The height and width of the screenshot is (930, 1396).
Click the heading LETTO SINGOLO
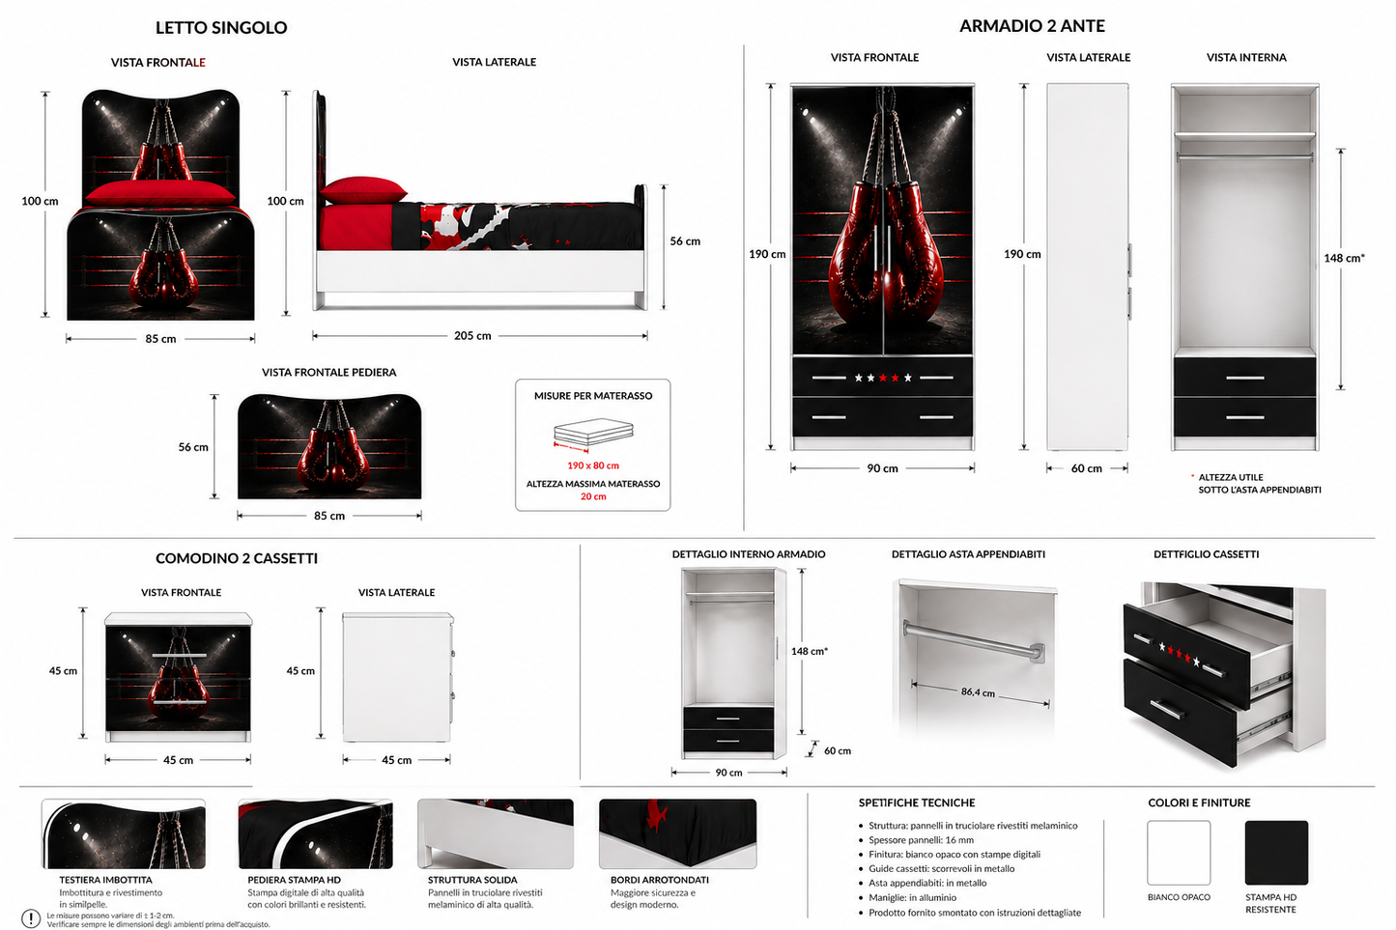221,27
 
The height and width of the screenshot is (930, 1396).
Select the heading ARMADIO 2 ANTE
1032,25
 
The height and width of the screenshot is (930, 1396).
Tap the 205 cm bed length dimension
472,336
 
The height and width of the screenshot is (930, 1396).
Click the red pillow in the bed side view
362,190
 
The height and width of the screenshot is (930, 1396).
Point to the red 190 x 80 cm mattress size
592,465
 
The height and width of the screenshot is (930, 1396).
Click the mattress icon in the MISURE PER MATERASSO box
593,433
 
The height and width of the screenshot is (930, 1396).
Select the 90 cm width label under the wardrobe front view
882,468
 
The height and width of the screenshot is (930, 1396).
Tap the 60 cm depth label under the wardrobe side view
1086,468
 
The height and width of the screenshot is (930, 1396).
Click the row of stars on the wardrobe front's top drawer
882,378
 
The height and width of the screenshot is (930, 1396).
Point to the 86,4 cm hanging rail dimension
978,692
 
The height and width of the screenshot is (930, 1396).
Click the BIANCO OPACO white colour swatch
1179,852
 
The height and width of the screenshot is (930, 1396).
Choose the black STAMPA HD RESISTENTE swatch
1276,852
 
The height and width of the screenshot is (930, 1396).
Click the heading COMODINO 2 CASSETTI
237,558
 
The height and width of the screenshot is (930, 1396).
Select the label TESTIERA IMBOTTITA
105,880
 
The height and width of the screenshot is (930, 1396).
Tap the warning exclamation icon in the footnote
31,918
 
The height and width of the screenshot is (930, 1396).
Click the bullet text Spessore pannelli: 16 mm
921,839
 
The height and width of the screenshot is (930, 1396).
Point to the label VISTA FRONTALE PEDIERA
329,373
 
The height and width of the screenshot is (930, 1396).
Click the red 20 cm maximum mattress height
593,496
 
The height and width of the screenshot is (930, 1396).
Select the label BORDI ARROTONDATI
660,880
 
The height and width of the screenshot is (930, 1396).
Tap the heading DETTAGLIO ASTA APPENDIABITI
968,553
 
